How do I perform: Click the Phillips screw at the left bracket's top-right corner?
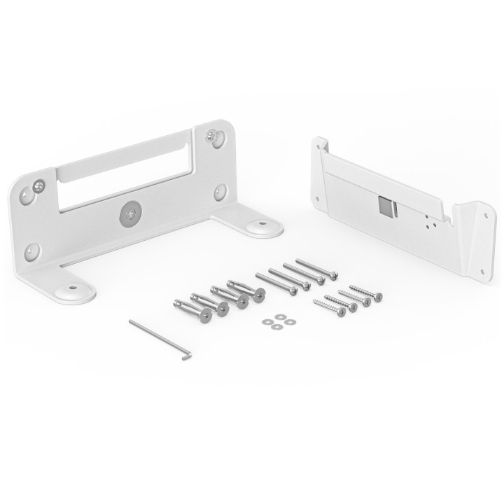(212, 135)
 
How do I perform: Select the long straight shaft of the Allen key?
(155, 338)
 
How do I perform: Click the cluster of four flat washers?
(274, 321)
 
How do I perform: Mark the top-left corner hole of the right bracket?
(321, 146)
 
